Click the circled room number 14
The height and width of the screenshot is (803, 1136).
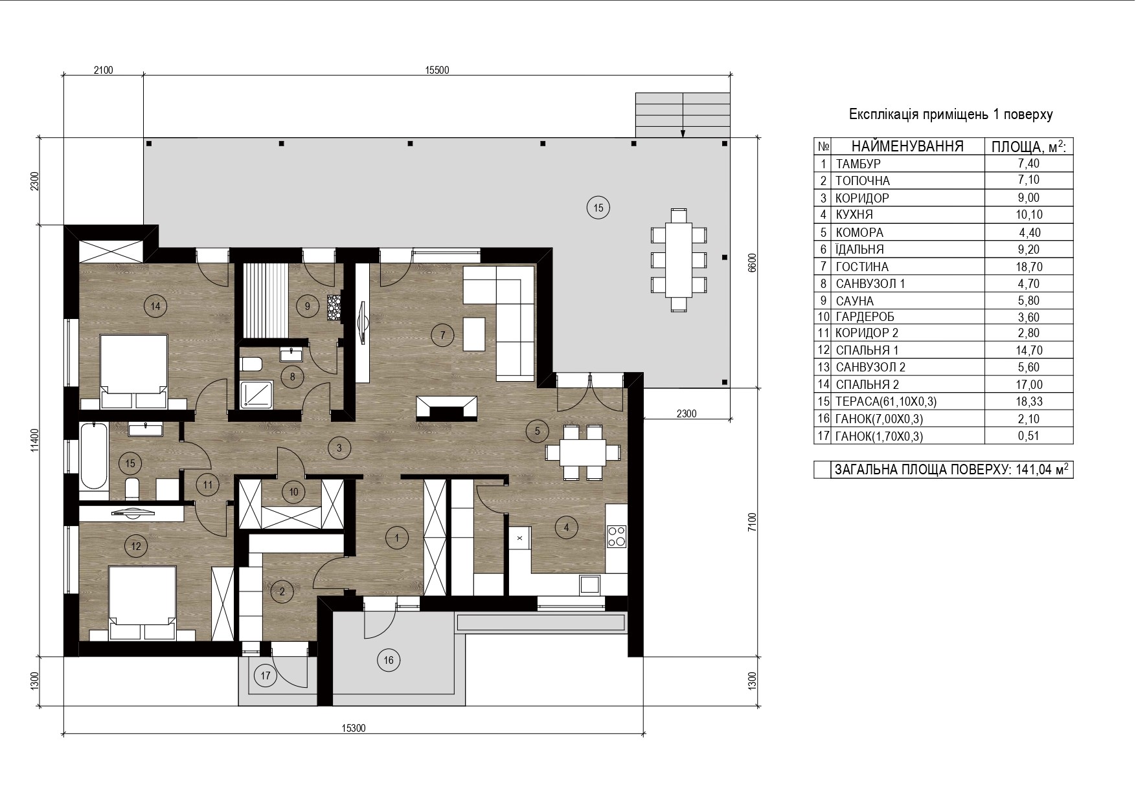coord(155,306)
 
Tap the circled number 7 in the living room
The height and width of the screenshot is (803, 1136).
coord(442,335)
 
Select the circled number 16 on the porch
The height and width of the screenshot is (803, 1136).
coord(389,660)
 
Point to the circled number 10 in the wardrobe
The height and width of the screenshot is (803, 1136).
coord(294,492)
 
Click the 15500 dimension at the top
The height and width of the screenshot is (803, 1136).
coord(437,71)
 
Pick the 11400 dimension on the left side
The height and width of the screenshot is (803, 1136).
coord(35,441)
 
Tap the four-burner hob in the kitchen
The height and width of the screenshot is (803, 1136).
coord(616,535)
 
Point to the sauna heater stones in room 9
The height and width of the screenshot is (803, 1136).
coord(334,307)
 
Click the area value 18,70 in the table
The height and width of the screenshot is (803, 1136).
coord(1028,267)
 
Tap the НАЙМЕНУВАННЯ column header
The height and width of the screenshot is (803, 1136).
coord(907,146)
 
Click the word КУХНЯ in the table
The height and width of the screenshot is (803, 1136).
coord(854,215)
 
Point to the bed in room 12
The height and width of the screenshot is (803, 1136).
coord(142,603)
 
